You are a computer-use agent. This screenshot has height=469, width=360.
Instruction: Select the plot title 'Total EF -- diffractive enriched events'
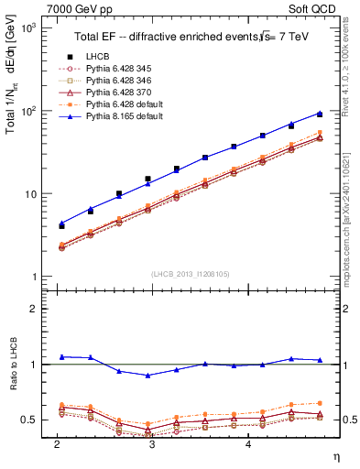[161, 36]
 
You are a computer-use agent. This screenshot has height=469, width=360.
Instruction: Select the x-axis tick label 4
[249, 444]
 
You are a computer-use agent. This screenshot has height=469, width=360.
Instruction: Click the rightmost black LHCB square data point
[319, 114]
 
